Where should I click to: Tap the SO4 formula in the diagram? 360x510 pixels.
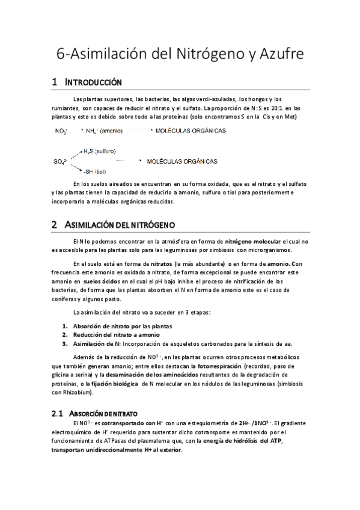click(x=61, y=162)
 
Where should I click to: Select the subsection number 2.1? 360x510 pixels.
click(x=58, y=414)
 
